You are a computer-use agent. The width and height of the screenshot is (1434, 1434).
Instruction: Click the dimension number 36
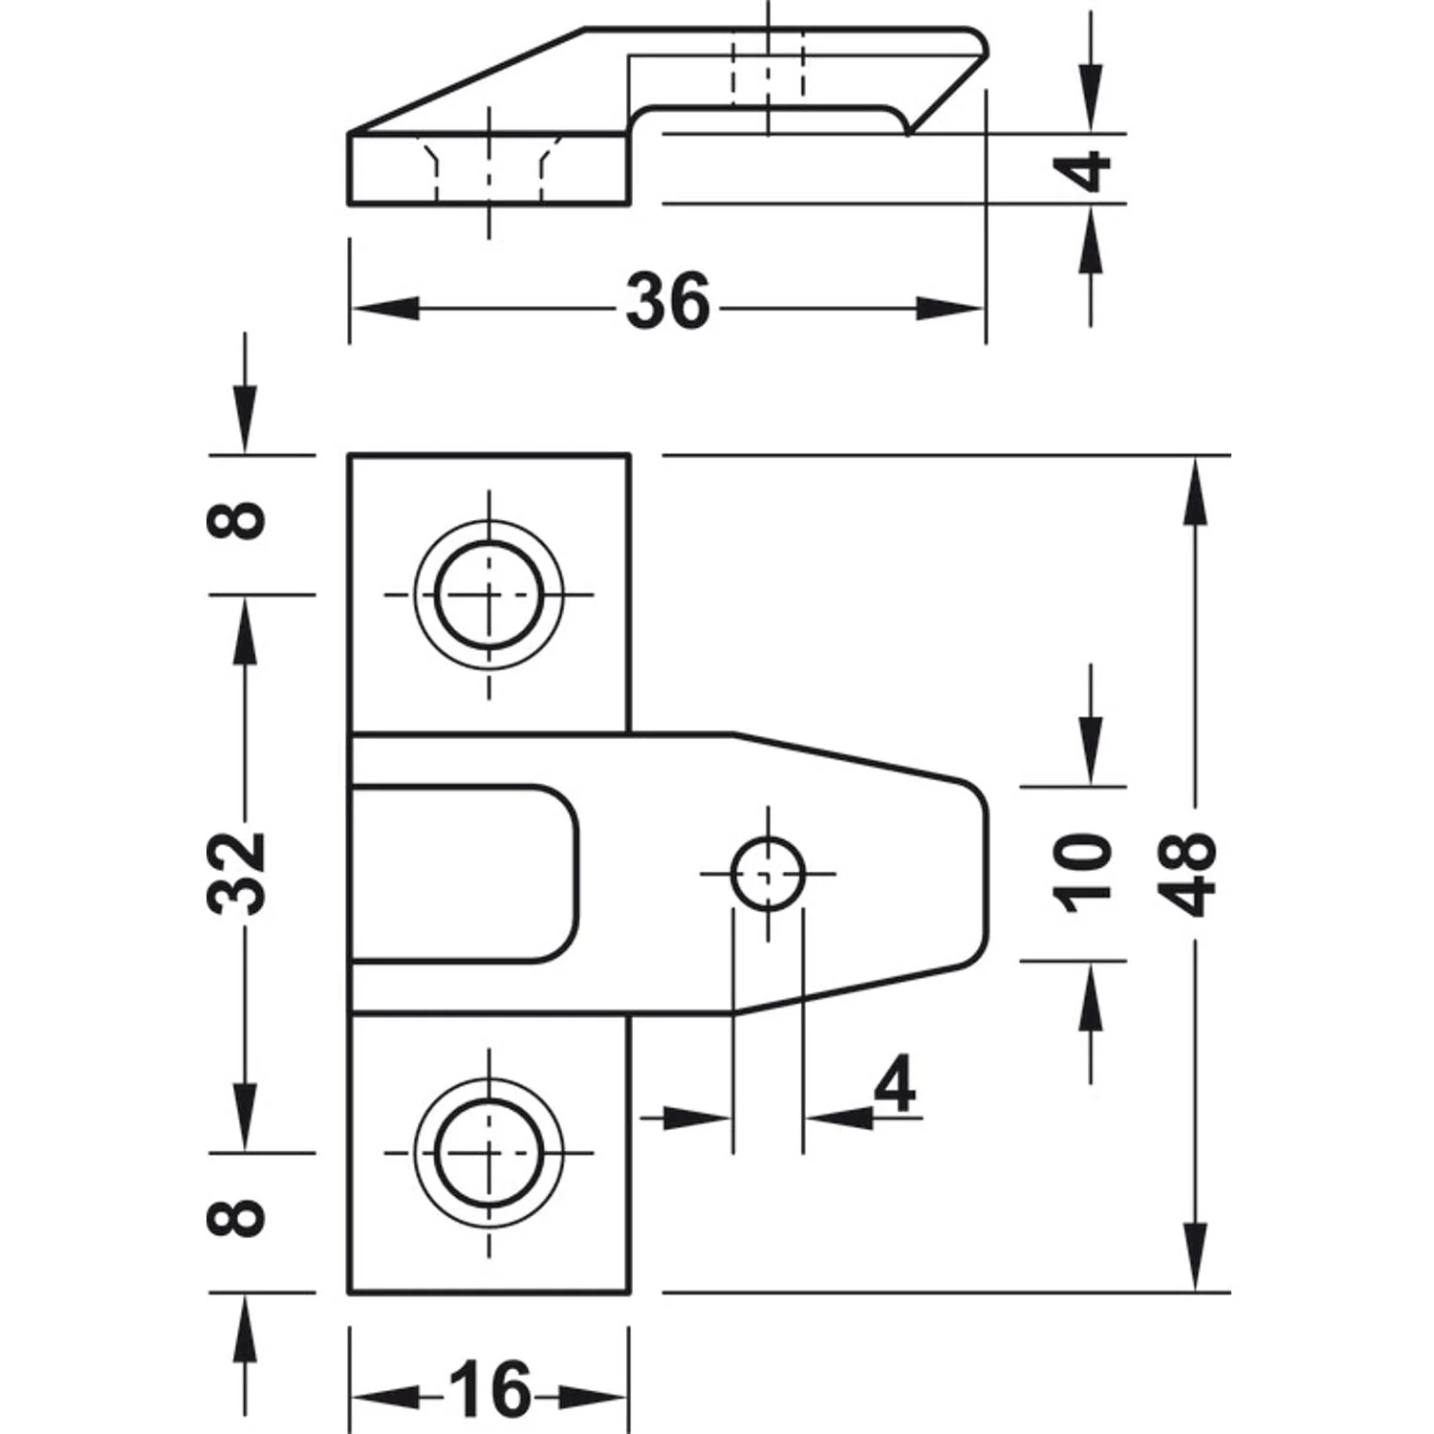pos(668,301)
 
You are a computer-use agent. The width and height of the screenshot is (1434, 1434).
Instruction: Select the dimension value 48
pos(1191,874)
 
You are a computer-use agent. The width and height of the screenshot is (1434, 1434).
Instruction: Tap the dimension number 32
pos(237,873)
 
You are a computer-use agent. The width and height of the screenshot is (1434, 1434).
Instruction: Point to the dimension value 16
pos(489,1389)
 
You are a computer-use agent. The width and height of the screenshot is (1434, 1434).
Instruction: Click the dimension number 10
pos(1083,872)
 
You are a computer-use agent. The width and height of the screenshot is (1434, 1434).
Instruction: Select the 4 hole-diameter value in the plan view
pos(894,1086)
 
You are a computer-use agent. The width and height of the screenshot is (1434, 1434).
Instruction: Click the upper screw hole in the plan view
pos(489,594)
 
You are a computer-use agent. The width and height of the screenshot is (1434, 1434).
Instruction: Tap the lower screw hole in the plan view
pos(489,1153)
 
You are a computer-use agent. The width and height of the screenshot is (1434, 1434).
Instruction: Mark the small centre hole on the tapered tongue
pos(767,874)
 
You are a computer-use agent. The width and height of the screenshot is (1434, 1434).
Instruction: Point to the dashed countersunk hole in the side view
pos(489,169)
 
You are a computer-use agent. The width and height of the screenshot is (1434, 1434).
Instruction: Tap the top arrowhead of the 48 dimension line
pos(1193,492)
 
